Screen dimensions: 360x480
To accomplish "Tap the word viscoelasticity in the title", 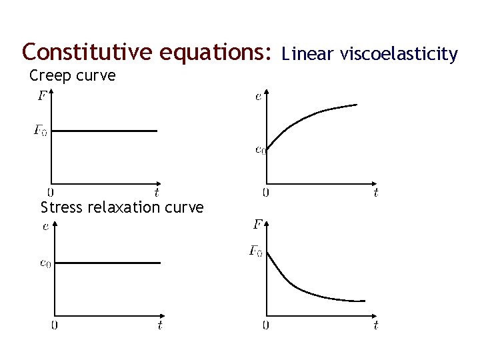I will (x=398, y=53).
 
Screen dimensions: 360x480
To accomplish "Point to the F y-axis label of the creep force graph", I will (x=41, y=96).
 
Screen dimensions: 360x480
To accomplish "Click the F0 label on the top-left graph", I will (x=40, y=130).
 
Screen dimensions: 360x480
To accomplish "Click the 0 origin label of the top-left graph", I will (x=51, y=193).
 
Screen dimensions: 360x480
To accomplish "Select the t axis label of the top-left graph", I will (x=156, y=193).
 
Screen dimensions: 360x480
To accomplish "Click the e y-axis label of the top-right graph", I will (x=258, y=97).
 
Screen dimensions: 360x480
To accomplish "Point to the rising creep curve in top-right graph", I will (x=307, y=119).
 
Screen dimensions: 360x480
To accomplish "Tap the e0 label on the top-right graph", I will (x=260, y=149).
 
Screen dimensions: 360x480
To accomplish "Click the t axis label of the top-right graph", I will (x=376, y=193).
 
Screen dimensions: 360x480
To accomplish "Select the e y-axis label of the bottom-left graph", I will (x=45, y=227).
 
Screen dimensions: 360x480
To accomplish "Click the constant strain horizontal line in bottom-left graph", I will (x=107, y=263).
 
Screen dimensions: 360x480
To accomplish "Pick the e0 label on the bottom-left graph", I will (x=45, y=263).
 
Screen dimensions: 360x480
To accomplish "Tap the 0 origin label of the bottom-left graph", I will (x=54, y=325).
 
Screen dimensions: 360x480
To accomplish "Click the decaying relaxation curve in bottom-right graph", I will (x=300, y=287).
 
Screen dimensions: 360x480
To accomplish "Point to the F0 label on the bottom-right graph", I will (x=255, y=251).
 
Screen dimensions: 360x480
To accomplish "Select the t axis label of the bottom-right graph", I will (x=376, y=325).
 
